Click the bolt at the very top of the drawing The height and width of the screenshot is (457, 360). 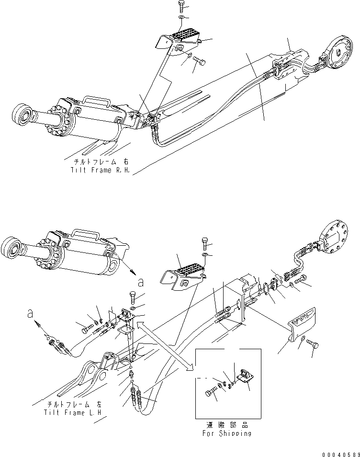click(181, 6)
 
